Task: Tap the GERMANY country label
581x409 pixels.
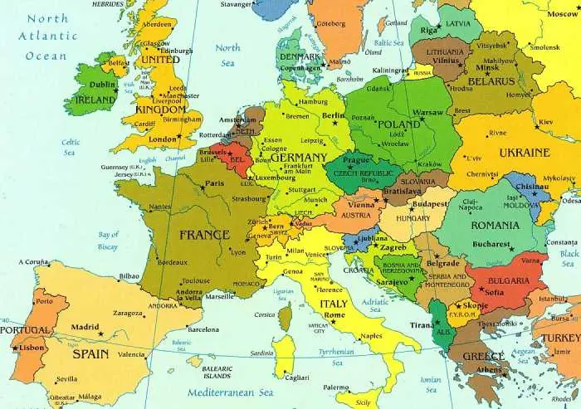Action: pyautogui.click(x=298, y=158)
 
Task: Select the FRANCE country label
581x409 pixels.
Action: pyautogui.click(x=203, y=235)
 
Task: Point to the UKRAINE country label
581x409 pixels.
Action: pyautogui.click(x=523, y=153)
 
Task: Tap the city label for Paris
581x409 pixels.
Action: pyautogui.click(x=215, y=183)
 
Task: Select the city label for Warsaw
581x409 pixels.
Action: pyautogui.click(x=428, y=112)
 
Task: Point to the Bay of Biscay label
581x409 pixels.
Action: pyautogui.click(x=109, y=241)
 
